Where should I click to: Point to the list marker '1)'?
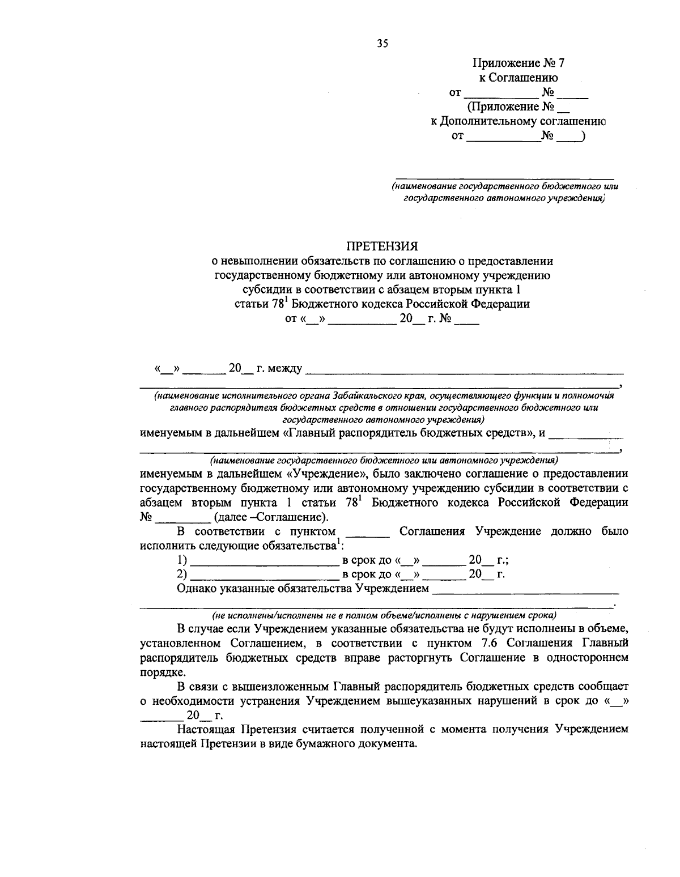point(182,561)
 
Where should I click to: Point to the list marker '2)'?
point(182,574)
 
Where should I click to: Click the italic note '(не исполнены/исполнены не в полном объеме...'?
point(384,615)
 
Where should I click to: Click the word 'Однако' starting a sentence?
point(196,589)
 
